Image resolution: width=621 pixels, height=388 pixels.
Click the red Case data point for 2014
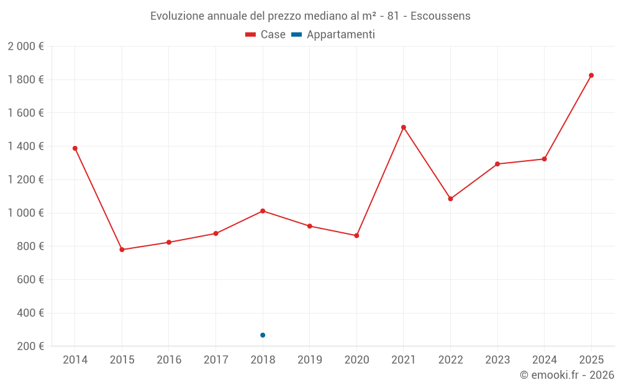coord(75,148)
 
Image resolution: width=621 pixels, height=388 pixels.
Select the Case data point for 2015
coord(122,250)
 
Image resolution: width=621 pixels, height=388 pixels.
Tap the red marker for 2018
coord(263,211)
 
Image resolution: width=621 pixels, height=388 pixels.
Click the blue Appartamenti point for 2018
coord(263,335)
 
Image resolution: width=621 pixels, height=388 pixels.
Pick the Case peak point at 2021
coord(404,127)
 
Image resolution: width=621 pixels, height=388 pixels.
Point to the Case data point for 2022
coord(450,199)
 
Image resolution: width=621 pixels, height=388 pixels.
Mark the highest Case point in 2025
coord(591,75)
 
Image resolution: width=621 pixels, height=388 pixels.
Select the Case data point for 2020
coord(356,236)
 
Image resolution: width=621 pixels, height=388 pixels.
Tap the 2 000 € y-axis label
coord(26,47)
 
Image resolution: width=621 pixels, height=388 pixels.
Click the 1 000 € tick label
coord(26,213)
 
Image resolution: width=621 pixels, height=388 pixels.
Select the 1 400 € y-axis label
coord(26,147)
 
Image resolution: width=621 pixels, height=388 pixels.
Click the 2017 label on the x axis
coord(215,360)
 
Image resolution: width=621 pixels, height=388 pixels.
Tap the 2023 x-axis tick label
coord(497,360)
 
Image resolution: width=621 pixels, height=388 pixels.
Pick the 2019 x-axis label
coord(309,360)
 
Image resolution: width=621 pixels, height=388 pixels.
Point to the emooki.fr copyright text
coord(567,375)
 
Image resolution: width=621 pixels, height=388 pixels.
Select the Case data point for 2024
coord(544,159)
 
